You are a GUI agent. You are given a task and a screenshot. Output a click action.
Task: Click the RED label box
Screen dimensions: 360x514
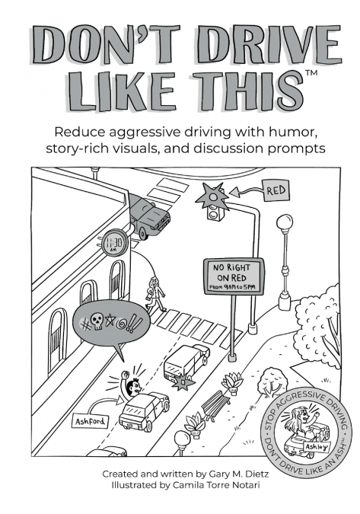pyautogui.click(x=276, y=190)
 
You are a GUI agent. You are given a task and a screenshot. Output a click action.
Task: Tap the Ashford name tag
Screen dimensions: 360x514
pyautogui.click(x=91, y=421)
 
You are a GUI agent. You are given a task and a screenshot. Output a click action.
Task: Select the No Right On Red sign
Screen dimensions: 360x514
pyautogui.click(x=234, y=276)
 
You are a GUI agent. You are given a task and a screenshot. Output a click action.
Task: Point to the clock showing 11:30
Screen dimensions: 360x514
pyautogui.click(x=115, y=244)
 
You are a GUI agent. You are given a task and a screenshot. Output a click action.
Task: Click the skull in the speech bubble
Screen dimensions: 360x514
pyautogui.click(x=97, y=321)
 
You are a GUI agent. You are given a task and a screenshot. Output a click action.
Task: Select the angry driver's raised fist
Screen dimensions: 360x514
pyautogui.click(x=125, y=375)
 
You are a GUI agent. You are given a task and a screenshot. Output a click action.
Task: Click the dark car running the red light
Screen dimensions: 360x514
pyautogui.click(x=149, y=215)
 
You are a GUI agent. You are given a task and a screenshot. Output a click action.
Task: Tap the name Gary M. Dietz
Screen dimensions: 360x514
pyautogui.click(x=239, y=474)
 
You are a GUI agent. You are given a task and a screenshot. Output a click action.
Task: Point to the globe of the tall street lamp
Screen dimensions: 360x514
pyautogui.click(x=285, y=223)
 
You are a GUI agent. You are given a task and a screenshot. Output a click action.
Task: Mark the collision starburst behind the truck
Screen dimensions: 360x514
pyautogui.click(x=183, y=382)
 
